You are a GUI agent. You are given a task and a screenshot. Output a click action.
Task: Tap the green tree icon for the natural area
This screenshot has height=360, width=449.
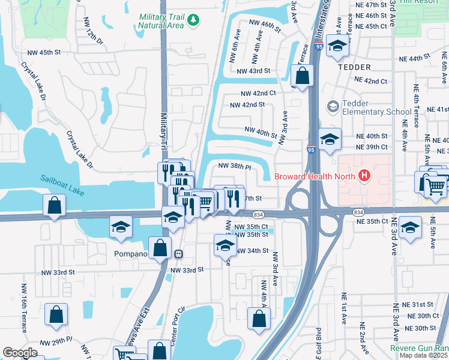tap(193, 21)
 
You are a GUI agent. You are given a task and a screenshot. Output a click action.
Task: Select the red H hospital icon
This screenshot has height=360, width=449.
tap(363, 176)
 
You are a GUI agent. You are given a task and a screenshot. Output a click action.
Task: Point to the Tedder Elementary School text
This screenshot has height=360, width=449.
tap(376, 107)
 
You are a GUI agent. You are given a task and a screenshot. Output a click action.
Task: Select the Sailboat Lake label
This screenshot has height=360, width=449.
tap(63, 179)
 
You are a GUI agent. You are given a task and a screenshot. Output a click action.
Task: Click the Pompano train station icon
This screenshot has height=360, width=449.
tap(178, 254)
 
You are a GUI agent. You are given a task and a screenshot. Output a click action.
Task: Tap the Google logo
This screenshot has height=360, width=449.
tap(20, 353)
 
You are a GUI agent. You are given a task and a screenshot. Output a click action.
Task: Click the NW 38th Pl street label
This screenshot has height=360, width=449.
tap(234, 166)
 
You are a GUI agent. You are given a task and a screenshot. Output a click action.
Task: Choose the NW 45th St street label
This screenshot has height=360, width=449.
tap(41, 52)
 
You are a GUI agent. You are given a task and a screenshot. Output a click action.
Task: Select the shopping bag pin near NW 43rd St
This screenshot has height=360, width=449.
tap(302, 76)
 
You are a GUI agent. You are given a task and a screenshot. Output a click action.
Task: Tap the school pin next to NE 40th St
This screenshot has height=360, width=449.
tap(330, 139)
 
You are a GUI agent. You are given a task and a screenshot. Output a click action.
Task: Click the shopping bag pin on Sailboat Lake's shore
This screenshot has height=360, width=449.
tap(54, 206)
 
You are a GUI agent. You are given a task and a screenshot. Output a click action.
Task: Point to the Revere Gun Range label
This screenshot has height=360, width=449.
tap(419, 348)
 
